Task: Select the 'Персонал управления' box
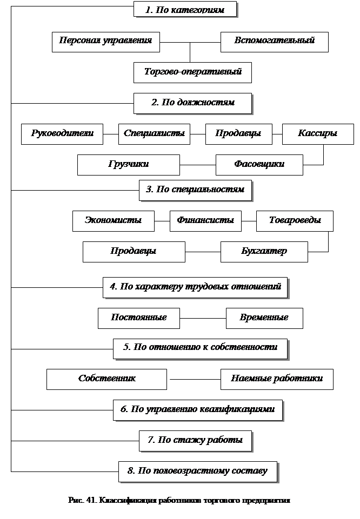pyautogui.click(x=106, y=42)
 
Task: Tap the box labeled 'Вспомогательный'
pyautogui.click(x=274, y=42)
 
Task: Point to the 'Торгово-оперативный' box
pyautogui.click(x=192, y=72)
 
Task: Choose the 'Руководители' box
pyautogui.click(x=62, y=134)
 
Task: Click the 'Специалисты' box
pyautogui.click(x=154, y=134)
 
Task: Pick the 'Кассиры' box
pyautogui.click(x=318, y=134)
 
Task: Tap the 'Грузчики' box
pyautogui.click(x=128, y=165)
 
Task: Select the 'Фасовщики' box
pyautogui.click(x=259, y=165)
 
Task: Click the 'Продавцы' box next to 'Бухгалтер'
pyautogui.click(x=134, y=252)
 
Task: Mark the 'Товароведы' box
pyautogui.click(x=295, y=221)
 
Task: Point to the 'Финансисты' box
pyautogui.click(x=205, y=221)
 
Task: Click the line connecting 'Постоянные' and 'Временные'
pyautogui.click(x=203, y=318)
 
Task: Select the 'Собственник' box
pyautogui.click(x=106, y=379)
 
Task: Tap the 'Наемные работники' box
pyautogui.click(x=277, y=379)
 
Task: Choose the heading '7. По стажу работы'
pyautogui.click(x=195, y=441)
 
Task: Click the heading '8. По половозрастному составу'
pyautogui.click(x=197, y=471)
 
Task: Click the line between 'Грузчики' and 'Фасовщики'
pyautogui.click(x=197, y=165)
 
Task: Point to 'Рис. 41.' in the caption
pyautogui.click(x=81, y=501)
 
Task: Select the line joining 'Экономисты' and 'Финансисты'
pyautogui.click(x=162, y=221)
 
